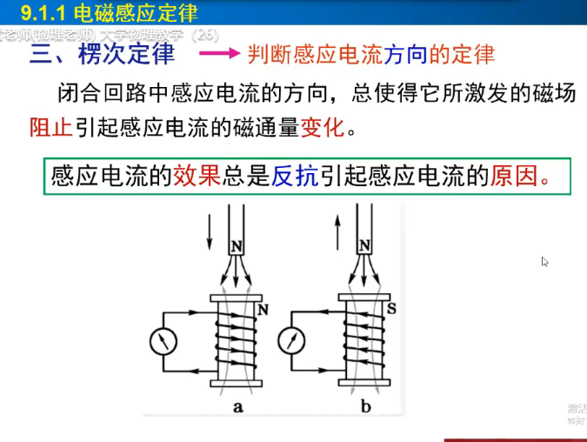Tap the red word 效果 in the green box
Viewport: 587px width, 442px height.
click(x=197, y=177)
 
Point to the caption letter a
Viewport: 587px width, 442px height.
click(x=238, y=406)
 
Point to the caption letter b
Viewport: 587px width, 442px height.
click(x=365, y=406)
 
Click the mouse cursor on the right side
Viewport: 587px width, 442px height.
click(x=545, y=261)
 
